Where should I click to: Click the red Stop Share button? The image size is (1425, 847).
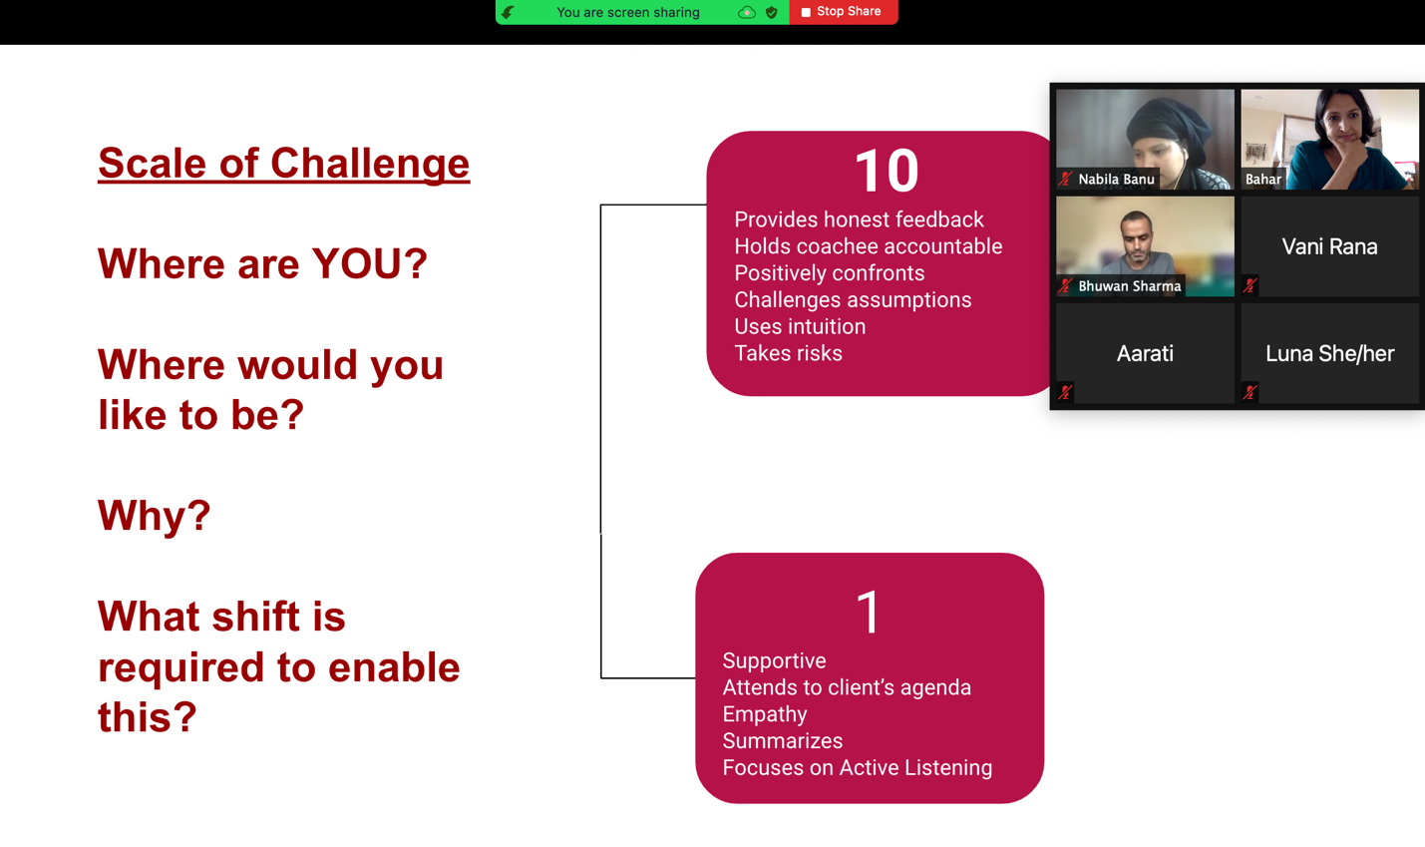[843, 12]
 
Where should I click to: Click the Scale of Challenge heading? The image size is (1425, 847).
[284, 163]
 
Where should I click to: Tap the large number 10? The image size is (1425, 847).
[887, 171]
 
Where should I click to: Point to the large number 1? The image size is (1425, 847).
[869, 612]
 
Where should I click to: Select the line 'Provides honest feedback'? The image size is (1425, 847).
[859, 219]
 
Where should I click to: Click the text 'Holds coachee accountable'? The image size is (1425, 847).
[869, 246]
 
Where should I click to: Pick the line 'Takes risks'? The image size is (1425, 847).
[788, 353]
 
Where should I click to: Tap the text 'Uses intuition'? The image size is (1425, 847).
[800, 326]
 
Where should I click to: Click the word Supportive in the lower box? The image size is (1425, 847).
[774, 660]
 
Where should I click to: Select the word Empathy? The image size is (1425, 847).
[765, 714]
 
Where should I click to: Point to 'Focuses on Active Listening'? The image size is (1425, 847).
[857, 767]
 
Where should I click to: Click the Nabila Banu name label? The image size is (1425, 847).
[1116, 180]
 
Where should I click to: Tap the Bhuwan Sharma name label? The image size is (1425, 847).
[1129, 286]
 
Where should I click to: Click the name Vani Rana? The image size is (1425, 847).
[1329, 246]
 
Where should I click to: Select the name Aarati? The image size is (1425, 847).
[1145, 354]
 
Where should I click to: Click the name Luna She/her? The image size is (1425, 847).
[1329, 354]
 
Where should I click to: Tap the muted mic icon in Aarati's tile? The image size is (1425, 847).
[1065, 392]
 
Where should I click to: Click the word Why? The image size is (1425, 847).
[154, 516]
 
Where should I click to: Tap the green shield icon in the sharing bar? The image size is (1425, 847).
[772, 12]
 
